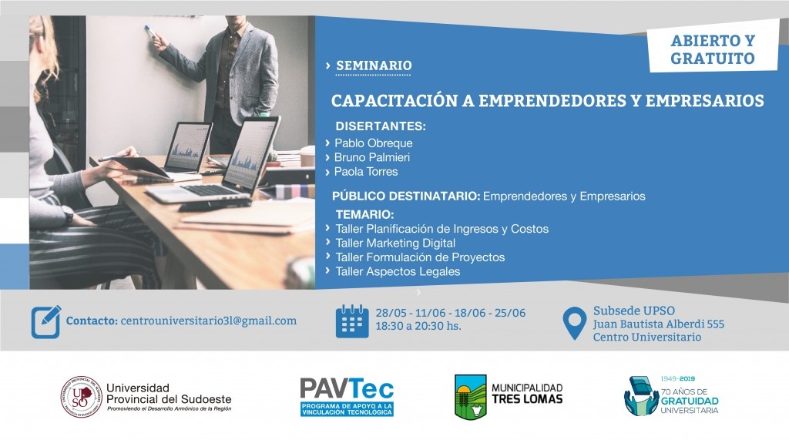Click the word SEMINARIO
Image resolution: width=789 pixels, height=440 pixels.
pyautogui.click(x=374, y=65)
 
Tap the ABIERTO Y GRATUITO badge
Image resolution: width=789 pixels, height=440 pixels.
pyautogui.click(x=713, y=49)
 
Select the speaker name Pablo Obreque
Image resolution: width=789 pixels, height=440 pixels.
pyautogui.click(x=374, y=143)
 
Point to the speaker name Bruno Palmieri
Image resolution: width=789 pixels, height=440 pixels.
pyautogui.click(x=372, y=157)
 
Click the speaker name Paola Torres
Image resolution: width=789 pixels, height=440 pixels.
pyautogui.click(x=366, y=172)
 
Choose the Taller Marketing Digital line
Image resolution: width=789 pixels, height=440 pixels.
pyautogui.click(x=395, y=244)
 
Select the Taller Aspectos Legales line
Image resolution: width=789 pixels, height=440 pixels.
pyautogui.click(x=398, y=271)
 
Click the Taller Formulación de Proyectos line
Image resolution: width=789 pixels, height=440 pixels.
pyautogui.click(x=420, y=257)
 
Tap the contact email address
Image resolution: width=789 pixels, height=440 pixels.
pyautogui.click(x=208, y=321)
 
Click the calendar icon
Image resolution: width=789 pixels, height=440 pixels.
pyautogui.click(x=352, y=321)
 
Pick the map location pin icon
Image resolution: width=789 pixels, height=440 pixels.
pyautogui.click(x=574, y=323)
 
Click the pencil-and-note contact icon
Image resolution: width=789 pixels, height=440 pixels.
pyautogui.click(x=45, y=321)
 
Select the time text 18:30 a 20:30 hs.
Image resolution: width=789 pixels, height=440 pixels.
pyautogui.click(x=418, y=326)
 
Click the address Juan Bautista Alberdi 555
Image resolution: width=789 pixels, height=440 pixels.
pyautogui.click(x=659, y=324)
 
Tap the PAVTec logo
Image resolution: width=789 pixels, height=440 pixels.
pyautogui.click(x=347, y=397)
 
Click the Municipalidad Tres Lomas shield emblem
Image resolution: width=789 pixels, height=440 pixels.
pyautogui.click(x=471, y=397)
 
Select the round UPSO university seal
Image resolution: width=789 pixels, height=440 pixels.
pyautogui.click(x=82, y=397)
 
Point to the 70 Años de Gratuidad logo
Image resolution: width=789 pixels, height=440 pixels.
pyautogui.click(x=671, y=396)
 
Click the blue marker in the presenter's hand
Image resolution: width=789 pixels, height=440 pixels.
pyautogui.click(x=149, y=32)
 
